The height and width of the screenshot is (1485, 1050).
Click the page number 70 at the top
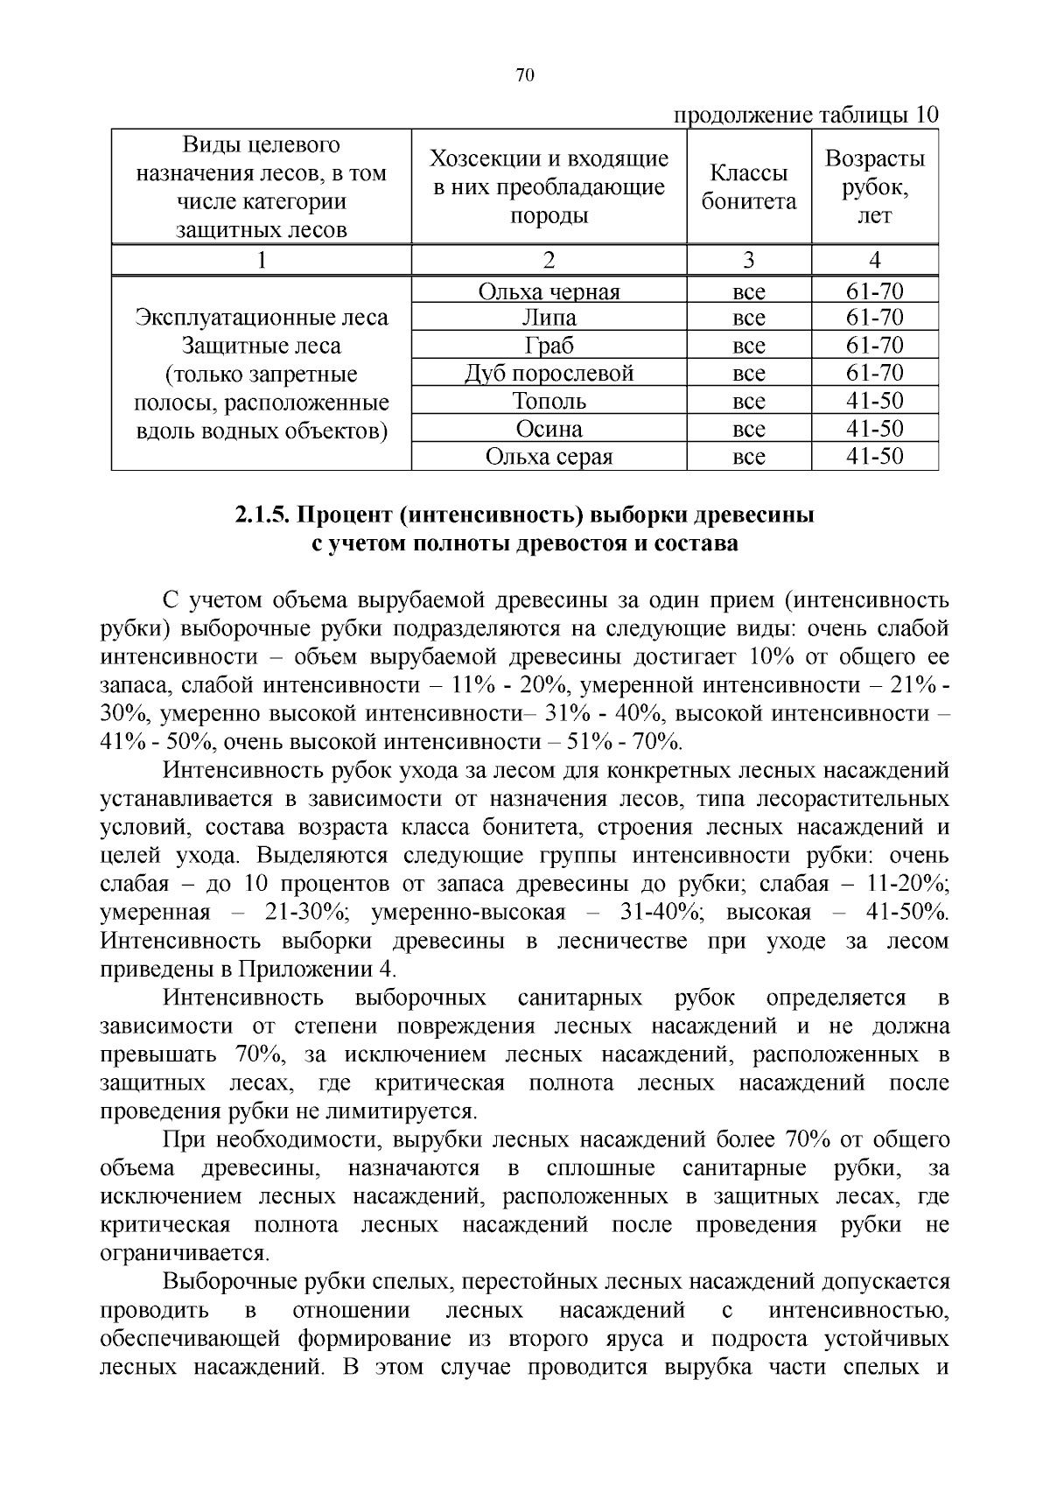click(525, 75)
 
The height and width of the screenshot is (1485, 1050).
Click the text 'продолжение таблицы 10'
click(805, 115)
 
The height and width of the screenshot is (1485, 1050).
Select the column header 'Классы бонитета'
click(749, 187)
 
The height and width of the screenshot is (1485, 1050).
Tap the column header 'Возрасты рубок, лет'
click(874, 186)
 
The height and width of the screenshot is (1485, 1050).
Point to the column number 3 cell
click(748, 260)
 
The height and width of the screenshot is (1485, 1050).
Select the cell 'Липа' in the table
click(549, 318)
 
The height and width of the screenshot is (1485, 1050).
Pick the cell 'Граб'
click(549, 346)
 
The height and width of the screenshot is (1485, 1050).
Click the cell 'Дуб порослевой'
click(549, 374)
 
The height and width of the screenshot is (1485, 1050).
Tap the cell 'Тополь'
click(549, 402)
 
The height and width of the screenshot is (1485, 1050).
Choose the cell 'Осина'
click(549, 429)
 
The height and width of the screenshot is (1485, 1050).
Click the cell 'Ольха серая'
click(549, 457)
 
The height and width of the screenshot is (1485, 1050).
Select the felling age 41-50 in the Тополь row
click(874, 402)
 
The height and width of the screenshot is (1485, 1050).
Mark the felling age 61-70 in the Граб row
click(874, 346)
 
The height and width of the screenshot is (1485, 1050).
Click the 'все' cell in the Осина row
click(748, 429)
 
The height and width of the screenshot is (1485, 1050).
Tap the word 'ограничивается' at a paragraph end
click(184, 1253)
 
